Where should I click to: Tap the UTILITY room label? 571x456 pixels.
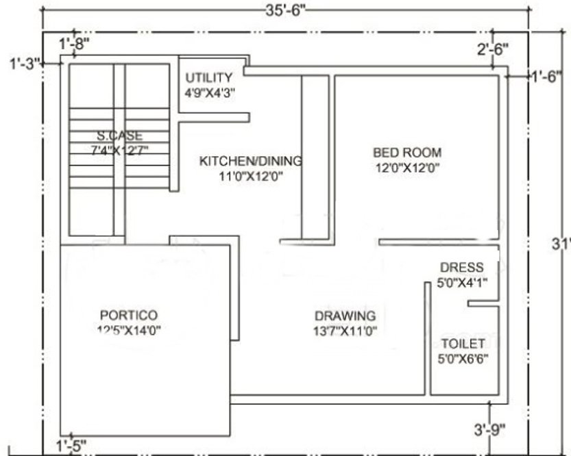pos(208,77)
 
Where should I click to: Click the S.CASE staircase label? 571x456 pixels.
pos(120,136)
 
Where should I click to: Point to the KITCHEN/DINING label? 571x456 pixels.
pos(250,162)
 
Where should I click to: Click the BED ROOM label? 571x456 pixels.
pos(407,152)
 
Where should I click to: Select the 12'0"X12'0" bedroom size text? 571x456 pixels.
pos(407,167)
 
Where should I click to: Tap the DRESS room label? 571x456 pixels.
pos(461,267)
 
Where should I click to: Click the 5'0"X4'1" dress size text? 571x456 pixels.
pos(462,281)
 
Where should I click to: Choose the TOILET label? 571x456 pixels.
pos(463,343)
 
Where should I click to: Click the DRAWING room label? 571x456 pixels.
pos(345,316)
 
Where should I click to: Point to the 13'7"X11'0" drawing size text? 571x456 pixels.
pos(345,331)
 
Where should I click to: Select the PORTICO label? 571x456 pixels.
pos(129,315)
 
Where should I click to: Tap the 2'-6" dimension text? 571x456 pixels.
pos(492,49)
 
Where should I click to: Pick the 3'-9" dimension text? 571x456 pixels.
pos(489,429)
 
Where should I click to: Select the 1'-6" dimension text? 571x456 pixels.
pos(547,77)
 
